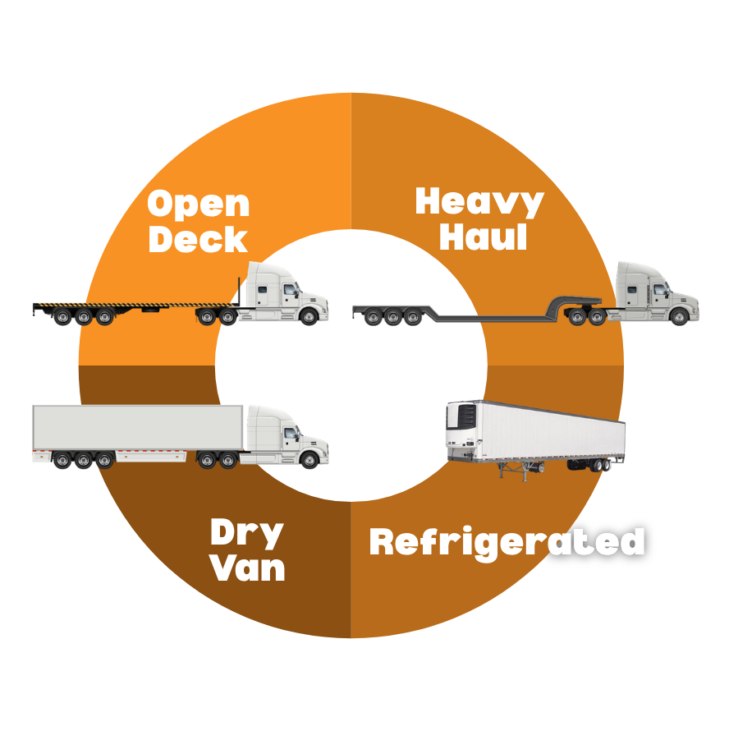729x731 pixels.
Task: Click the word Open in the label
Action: point(199,204)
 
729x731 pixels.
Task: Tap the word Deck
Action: point(198,239)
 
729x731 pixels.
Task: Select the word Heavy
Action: point(479,202)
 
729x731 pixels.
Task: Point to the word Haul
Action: point(483,237)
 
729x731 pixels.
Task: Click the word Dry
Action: point(247,533)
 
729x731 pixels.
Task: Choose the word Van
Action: point(247,568)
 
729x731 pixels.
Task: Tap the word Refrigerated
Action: point(507,543)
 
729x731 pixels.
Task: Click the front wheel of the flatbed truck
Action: point(309,316)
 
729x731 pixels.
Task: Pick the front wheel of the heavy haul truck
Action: point(679,316)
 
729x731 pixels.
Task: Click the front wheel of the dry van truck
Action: point(309,460)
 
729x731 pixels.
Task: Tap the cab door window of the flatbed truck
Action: point(291,290)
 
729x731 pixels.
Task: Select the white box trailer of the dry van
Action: point(137,427)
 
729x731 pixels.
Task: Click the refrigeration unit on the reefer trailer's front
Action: point(462,416)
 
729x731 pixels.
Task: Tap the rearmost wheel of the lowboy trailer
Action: point(373,317)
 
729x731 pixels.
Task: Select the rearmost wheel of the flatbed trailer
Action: point(62,317)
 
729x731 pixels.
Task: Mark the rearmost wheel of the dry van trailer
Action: point(62,461)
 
